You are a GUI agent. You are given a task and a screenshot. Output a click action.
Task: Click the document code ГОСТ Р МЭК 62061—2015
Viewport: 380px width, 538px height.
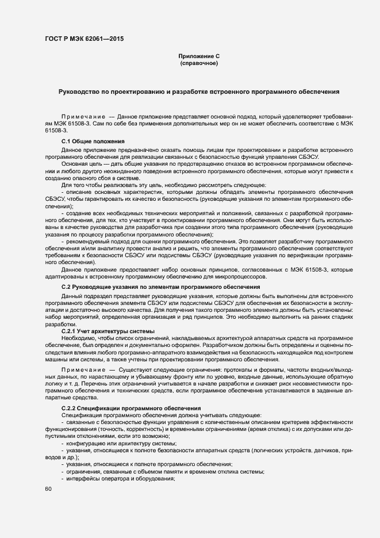(x=83, y=39)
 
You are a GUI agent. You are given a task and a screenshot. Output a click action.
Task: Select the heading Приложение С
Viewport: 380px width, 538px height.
(x=199, y=56)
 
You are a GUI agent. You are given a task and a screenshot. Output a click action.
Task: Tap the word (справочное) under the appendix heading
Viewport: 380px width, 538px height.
(x=199, y=63)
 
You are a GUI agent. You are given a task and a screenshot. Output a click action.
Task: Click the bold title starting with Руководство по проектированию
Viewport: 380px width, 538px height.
(x=199, y=91)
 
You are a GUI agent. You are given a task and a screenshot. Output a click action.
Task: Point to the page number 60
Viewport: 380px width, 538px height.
(x=48, y=489)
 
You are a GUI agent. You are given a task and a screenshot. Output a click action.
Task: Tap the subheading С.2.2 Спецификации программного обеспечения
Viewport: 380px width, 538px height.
(x=131, y=408)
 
